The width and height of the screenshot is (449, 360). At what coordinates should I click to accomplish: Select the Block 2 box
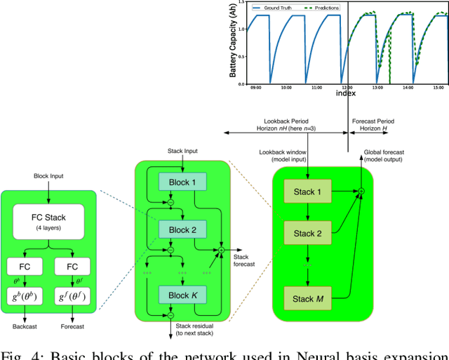click(182, 229)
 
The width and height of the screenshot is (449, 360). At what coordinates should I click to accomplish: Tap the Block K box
click(182, 295)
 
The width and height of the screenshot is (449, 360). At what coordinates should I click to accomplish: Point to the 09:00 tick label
click(255, 88)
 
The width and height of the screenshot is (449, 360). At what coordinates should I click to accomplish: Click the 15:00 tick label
click(438, 88)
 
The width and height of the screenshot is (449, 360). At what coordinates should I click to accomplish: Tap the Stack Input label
click(182, 150)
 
